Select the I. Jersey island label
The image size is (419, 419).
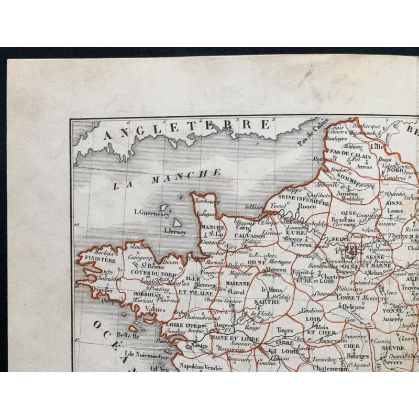175,230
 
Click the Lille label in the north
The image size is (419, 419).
377,147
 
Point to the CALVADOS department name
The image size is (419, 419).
250,236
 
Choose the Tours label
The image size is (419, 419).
284,330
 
